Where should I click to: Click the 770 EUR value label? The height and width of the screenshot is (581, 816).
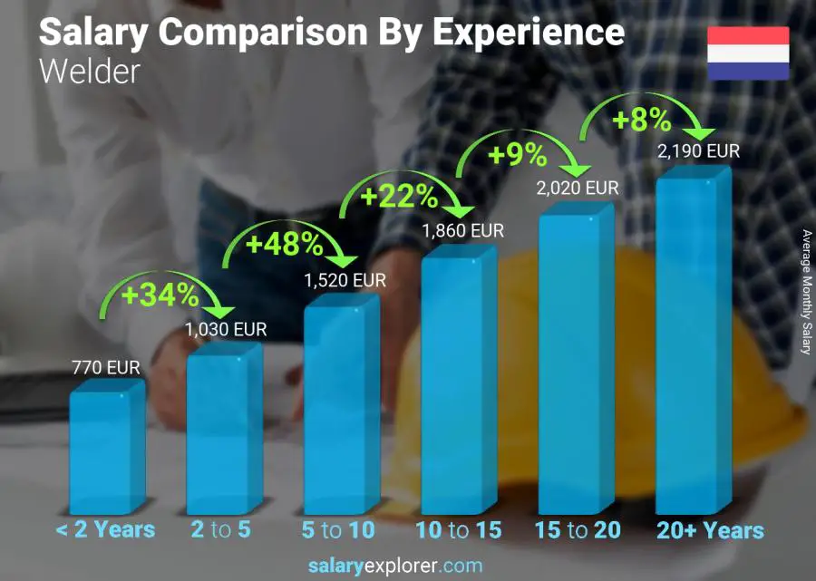[106, 368]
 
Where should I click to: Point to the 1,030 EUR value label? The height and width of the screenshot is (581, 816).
[226, 330]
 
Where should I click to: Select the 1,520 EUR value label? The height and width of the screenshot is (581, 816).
[345, 281]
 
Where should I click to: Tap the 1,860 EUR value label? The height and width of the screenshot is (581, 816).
[462, 231]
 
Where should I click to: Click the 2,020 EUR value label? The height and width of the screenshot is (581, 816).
[578, 189]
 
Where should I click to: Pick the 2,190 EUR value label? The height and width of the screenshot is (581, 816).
[698, 151]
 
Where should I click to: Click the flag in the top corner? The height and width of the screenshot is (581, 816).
[748, 53]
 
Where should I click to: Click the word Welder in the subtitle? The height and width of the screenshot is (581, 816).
[90, 72]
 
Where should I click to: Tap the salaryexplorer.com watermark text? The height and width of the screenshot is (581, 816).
[394, 566]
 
